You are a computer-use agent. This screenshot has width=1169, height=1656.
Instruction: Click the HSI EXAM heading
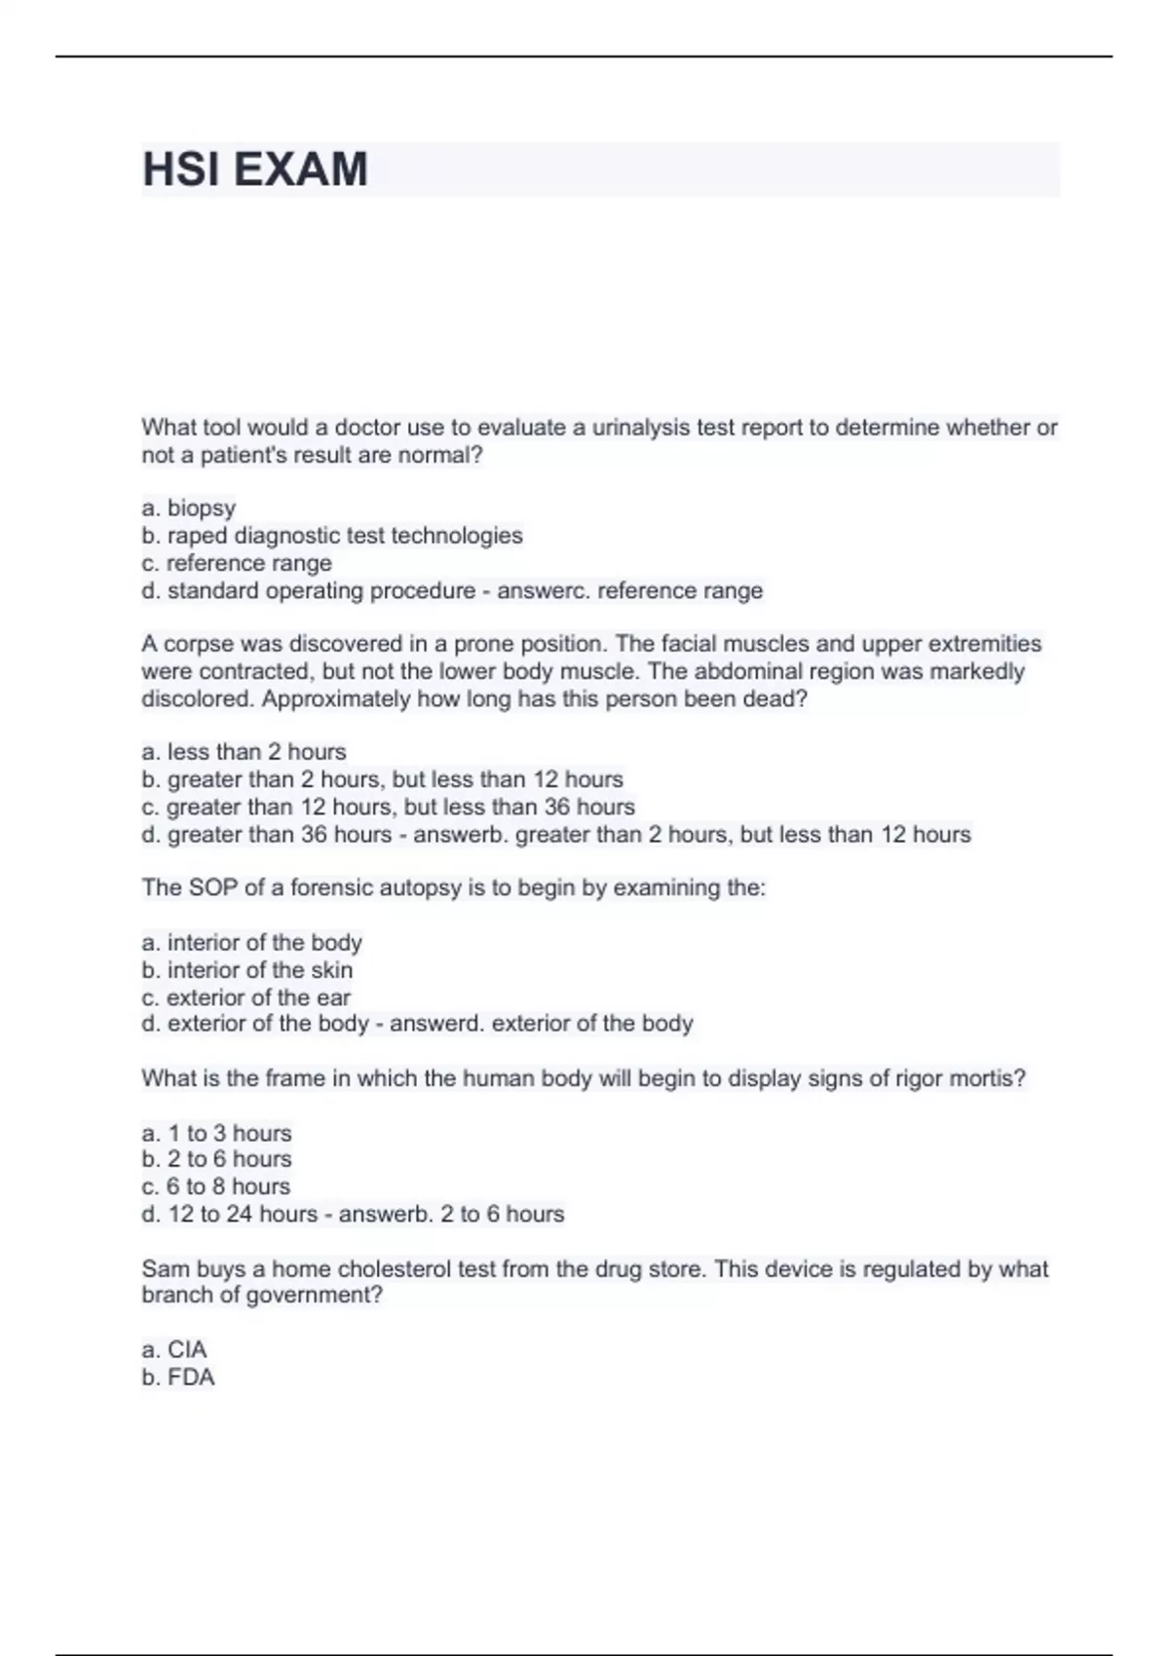(x=255, y=169)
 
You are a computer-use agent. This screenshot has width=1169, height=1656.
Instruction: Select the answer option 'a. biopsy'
(x=189, y=508)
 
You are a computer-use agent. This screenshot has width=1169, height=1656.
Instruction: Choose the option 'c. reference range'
(x=237, y=563)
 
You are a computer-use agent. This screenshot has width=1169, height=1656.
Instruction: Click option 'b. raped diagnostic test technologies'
(x=332, y=536)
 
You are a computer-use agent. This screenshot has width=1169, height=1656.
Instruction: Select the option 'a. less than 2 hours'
(x=244, y=752)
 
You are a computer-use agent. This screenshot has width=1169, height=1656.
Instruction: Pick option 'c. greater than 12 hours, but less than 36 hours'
(x=388, y=808)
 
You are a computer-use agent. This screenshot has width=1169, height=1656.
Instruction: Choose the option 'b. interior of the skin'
(x=247, y=970)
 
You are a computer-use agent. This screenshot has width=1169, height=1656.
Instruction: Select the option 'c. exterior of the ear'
(x=245, y=997)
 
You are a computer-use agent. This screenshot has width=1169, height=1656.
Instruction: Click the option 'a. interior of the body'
(x=251, y=943)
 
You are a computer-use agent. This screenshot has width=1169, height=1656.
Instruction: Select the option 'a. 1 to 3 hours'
(x=216, y=1134)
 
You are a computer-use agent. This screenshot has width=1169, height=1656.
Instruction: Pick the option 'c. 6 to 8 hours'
(x=216, y=1186)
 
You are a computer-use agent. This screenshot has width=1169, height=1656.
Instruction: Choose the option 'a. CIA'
(x=174, y=1350)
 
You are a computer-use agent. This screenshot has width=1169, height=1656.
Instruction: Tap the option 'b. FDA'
(x=178, y=1377)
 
